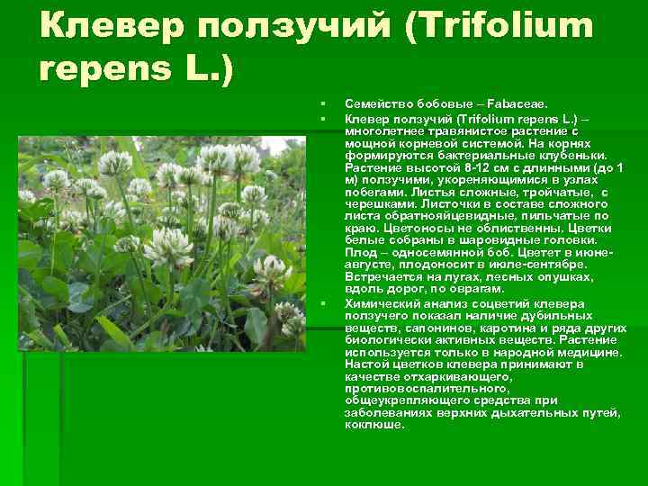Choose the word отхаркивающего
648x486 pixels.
[458, 376]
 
